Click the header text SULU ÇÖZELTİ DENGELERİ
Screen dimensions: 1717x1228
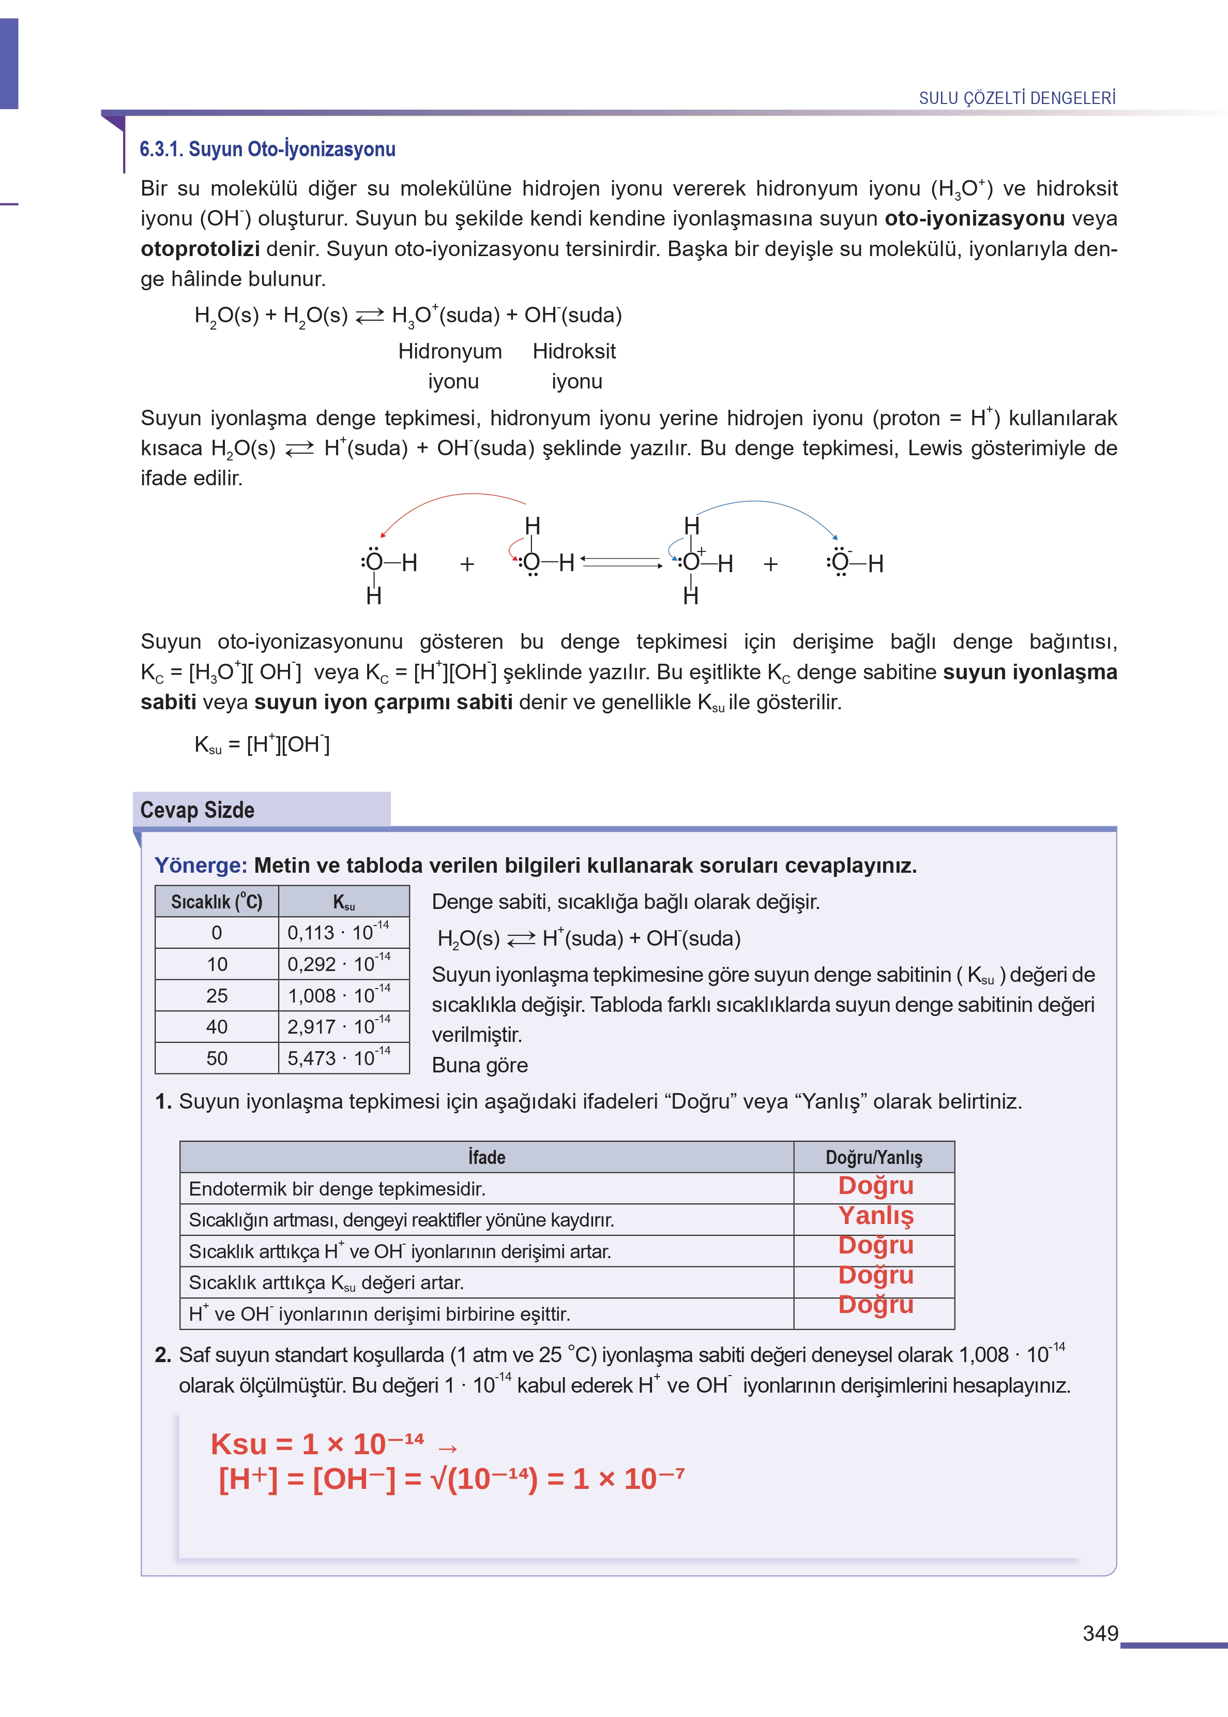(x=1017, y=98)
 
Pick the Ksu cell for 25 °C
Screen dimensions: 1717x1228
(x=338, y=995)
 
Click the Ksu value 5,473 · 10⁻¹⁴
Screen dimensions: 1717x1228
(x=338, y=1057)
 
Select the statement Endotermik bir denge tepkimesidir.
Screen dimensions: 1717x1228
(x=337, y=1188)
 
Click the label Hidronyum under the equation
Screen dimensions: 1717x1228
(x=450, y=351)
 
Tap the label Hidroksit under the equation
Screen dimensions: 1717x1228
(x=574, y=351)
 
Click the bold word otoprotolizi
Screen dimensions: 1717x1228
(x=200, y=248)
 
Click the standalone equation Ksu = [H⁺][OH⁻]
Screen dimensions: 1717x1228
(x=262, y=744)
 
